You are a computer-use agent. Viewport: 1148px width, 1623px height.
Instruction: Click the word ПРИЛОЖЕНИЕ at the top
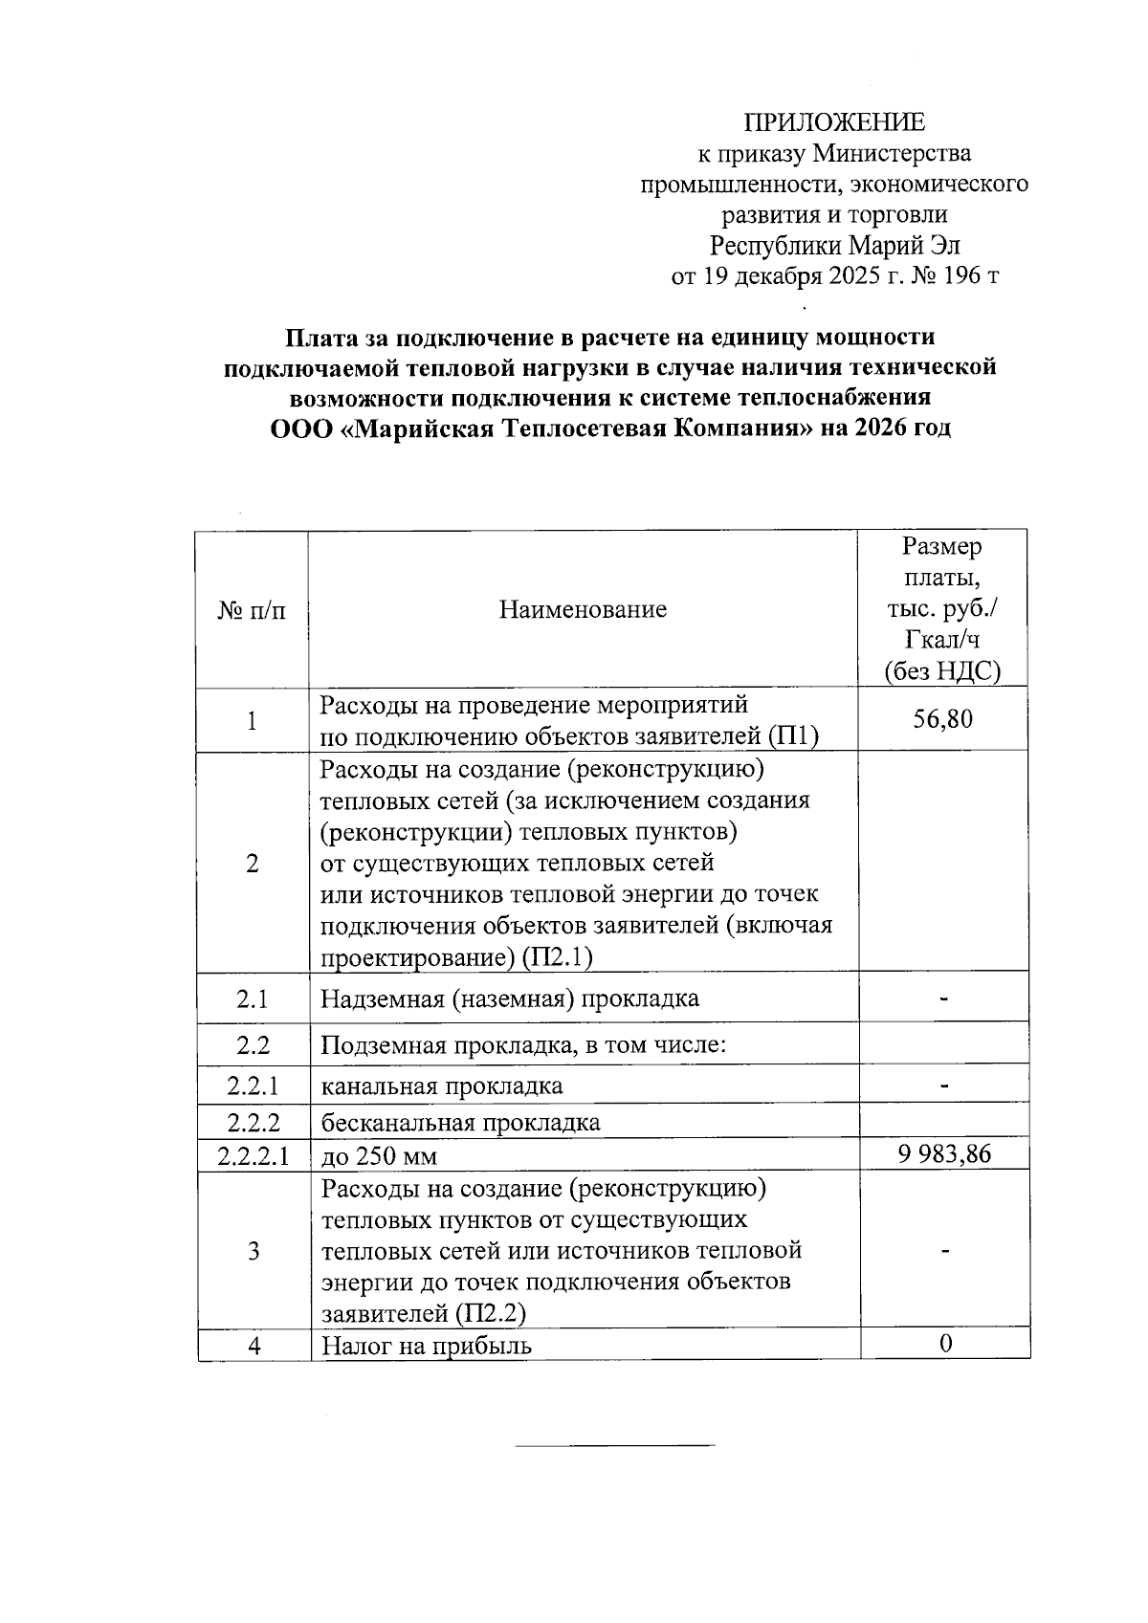click(x=834, y=122)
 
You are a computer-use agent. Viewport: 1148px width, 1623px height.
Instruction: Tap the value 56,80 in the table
click(x=942, y=719)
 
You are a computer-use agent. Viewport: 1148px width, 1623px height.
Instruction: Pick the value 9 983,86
click(x=944, y=1153)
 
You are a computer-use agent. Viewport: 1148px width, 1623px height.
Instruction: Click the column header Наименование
click(x=583, y=609)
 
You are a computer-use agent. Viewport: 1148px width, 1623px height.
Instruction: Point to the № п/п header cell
click(x=252, y=609)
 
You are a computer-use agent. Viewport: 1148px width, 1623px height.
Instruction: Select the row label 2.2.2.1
click(x=253, y=1155)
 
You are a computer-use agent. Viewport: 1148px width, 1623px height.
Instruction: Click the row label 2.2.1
click(x=253, y=1086)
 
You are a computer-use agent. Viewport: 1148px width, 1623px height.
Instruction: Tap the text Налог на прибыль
click(x=427, y=1346)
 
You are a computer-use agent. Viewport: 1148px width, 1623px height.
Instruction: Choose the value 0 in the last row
click(x=945, y=1344)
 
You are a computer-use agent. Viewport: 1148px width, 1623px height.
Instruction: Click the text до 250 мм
click(x=379, y=1156)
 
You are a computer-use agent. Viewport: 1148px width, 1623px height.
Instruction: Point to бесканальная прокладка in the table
click(x=460, y=1122)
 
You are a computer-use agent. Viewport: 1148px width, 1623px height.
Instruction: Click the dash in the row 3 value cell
click(x=944, y=1250)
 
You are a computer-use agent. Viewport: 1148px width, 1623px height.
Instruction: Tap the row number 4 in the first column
click(x=254, y=1346)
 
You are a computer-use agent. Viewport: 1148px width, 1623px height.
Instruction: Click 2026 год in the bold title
click(x=903, y=427)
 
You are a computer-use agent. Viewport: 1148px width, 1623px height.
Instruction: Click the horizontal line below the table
click(x=614, y=1444)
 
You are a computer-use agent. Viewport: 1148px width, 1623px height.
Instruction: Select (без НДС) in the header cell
click(x=942, y=671)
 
